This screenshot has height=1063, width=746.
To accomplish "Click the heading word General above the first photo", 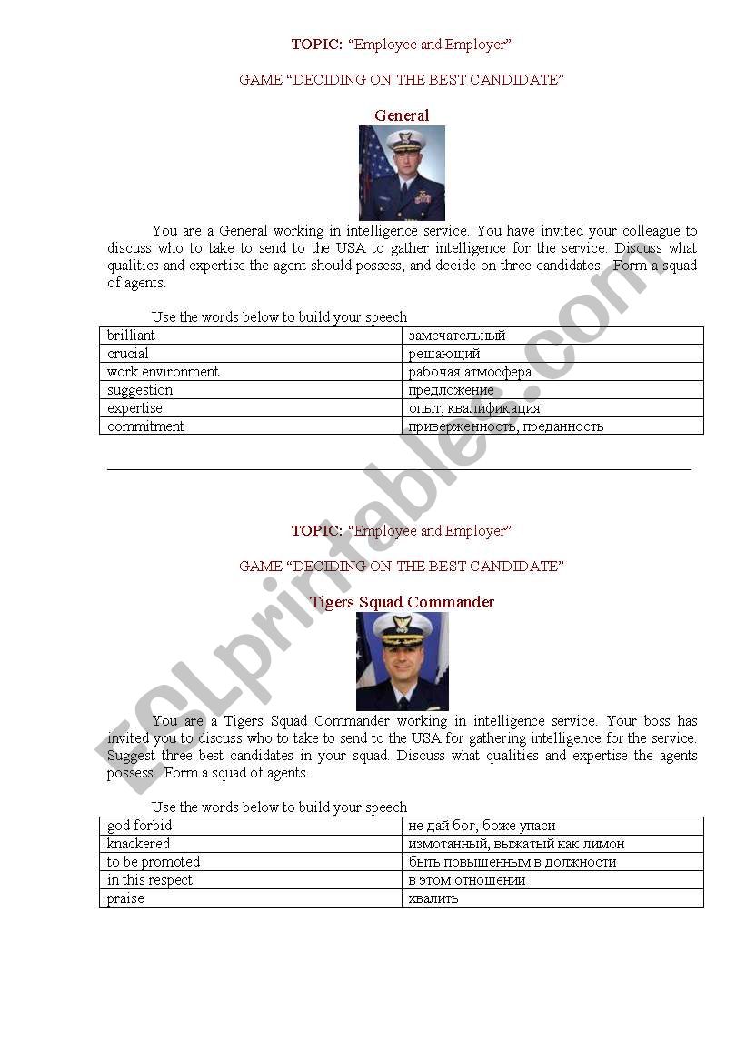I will click(x=402, y=115).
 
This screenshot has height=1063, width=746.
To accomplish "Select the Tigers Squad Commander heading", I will click(x=402, y=602).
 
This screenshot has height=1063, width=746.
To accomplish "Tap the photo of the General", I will click(x=402, y=173).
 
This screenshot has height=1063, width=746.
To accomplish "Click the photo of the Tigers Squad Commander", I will click(x=402, y=661).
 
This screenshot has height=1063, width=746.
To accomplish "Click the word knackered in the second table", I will click(x=139, y=844).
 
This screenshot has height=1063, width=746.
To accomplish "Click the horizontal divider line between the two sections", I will click(x=400, y=469).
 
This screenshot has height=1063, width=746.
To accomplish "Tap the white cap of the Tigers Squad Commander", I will click(x=402, y=627).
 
